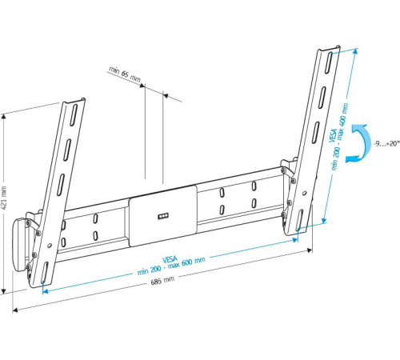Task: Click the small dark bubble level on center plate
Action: click(x=164, y=215)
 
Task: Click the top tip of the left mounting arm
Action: click(x=74, y=101)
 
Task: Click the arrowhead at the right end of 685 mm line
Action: click(x=311, y=250)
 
